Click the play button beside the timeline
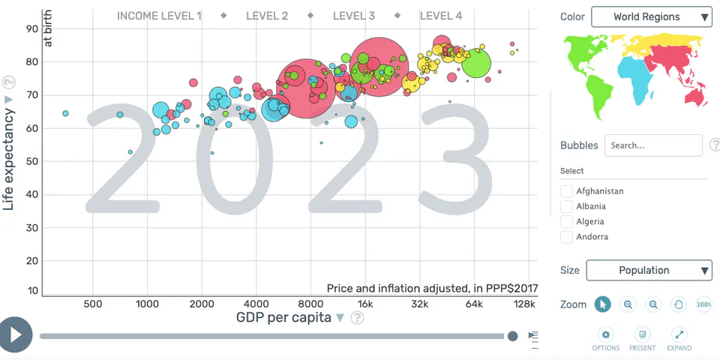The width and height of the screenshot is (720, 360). [x=16, y=334]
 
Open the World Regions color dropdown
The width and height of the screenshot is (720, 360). [x=652, y=17]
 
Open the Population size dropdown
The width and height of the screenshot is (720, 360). [x=649, y=271]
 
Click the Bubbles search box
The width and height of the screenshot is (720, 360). [x=653, y=145]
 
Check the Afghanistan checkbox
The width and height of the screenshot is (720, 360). [x=567, y=191]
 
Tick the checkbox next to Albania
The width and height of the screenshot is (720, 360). [x=567, y=206]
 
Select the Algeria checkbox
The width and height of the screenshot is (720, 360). [x=567, y=221]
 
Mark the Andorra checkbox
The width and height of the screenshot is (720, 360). [x=567, y=237]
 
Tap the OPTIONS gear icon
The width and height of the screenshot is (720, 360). [x=606, y=334]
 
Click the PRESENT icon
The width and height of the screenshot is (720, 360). [x=643, y=334]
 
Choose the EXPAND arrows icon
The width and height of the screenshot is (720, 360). [x=679, y=334]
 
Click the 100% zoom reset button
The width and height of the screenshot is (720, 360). [x=704, y=304]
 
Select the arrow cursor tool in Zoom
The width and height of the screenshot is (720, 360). [x=603, y=304]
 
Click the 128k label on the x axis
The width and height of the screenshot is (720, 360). [x=524, y=304]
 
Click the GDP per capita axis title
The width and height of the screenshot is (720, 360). [x=283, y=317]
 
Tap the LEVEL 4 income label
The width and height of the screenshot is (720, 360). [x=441, y=16]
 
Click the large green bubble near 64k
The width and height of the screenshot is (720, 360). [x=476, y=63]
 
